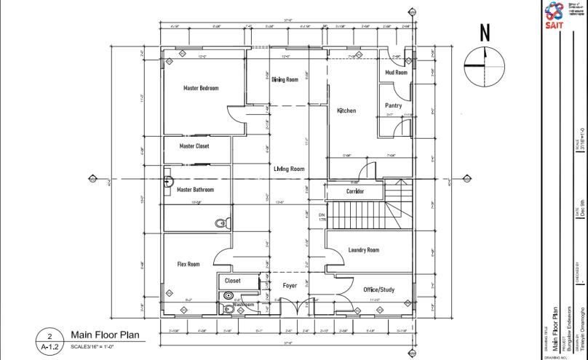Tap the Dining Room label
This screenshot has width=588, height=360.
click(x=285, y=79)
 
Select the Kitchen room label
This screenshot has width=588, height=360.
click(x=346, y=111)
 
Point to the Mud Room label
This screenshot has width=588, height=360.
click(x=397, y=73)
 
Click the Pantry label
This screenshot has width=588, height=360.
click(x=393, y=105)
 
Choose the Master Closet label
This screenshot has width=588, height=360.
click(x=194, y=146)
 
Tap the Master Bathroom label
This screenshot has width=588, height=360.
click(x=196, y=190)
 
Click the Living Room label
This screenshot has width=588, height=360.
click(x=289, y=169)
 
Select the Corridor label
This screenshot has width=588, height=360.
click(x=354, y=192)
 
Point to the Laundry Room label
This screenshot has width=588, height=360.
click(x=363, y=250)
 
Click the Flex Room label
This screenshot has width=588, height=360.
click(x=188, y=264)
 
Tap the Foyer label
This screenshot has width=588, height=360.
click(x=290, y=285)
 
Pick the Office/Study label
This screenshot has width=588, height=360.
click(x=378, y=290)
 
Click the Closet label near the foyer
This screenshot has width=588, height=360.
click(x=233, y=280)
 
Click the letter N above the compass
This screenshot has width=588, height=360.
click(x=484, y=32)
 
